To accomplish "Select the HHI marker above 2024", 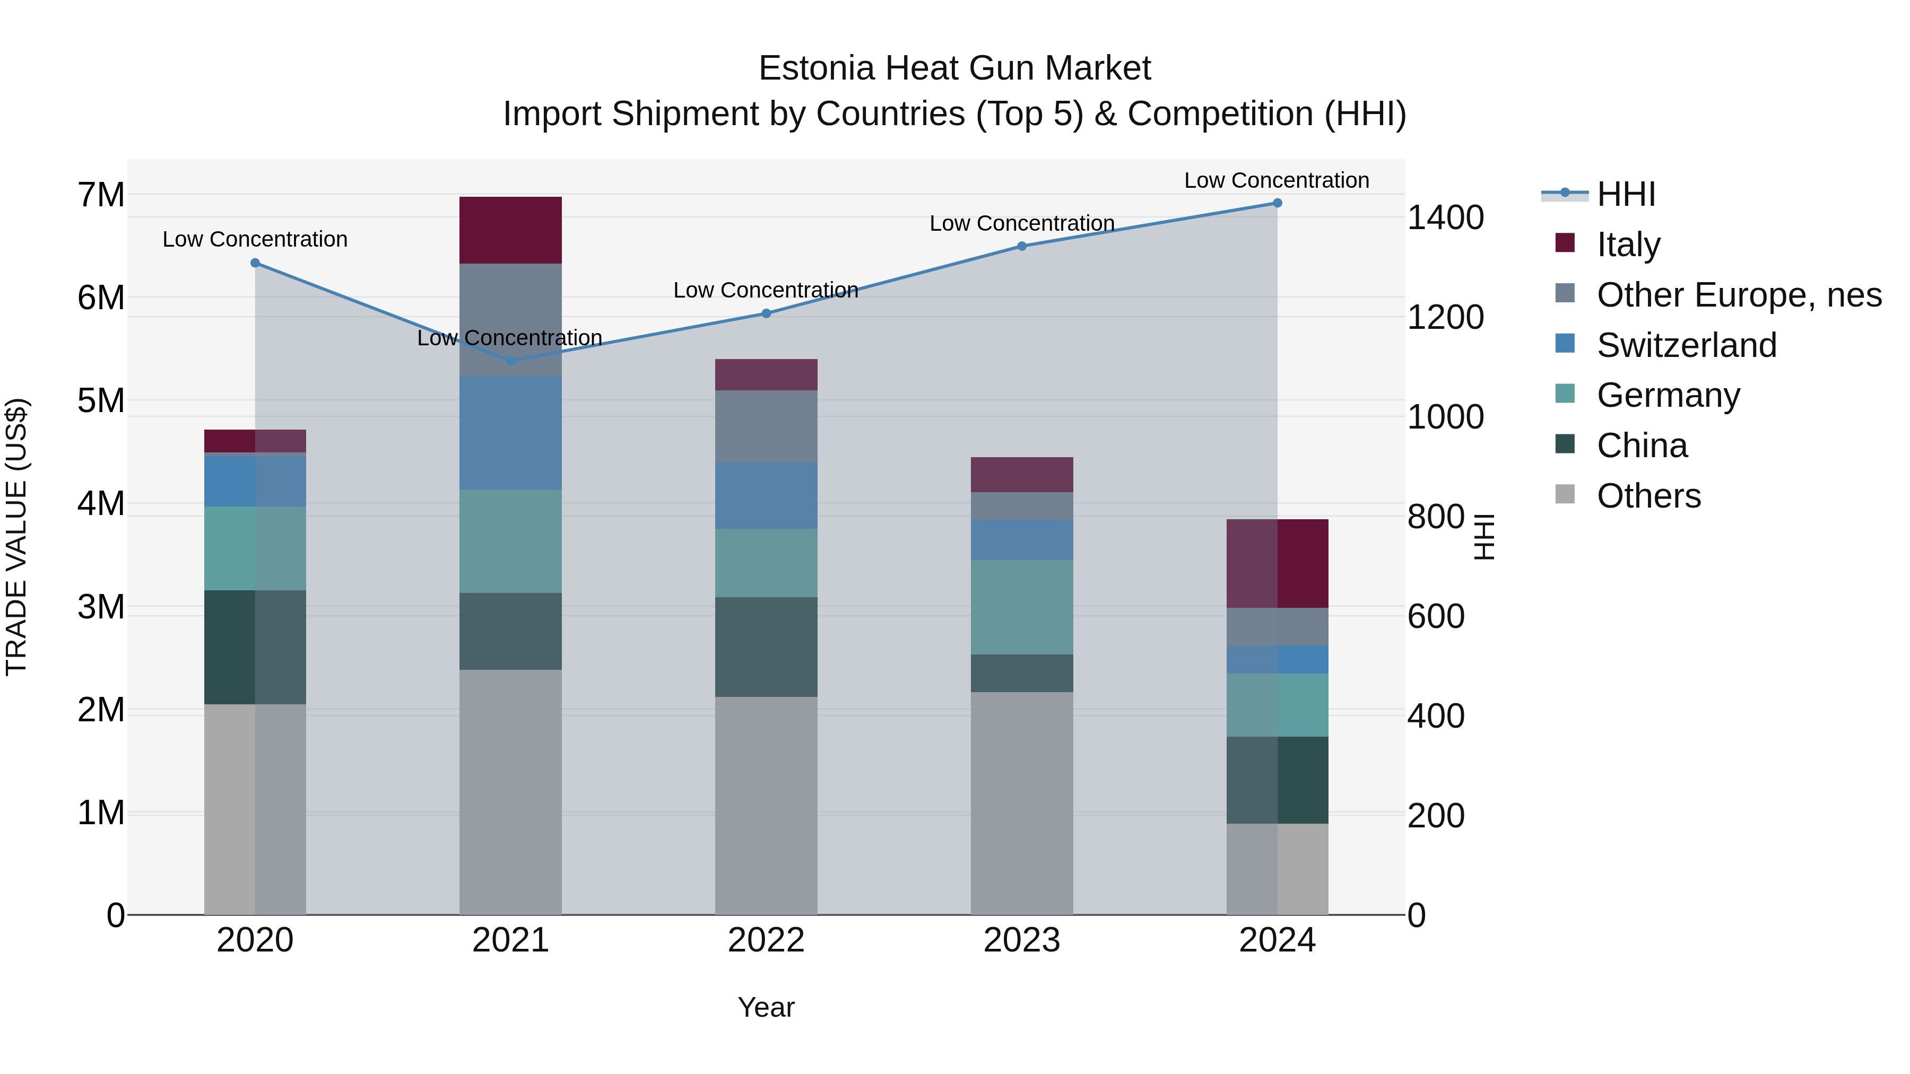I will coord(1277,203).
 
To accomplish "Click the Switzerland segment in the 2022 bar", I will coord(766,495).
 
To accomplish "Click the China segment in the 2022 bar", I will coord(766,647).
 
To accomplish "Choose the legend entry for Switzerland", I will coord(1686,345).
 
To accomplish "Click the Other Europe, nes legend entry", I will coord(1738,295).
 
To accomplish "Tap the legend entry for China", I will coord(1642,446).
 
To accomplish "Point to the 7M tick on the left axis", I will coord(101,195).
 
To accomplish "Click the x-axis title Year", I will coord(766,1007).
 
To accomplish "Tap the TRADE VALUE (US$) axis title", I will coord(16,537).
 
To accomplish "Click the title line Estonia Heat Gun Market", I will coord(954,68).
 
